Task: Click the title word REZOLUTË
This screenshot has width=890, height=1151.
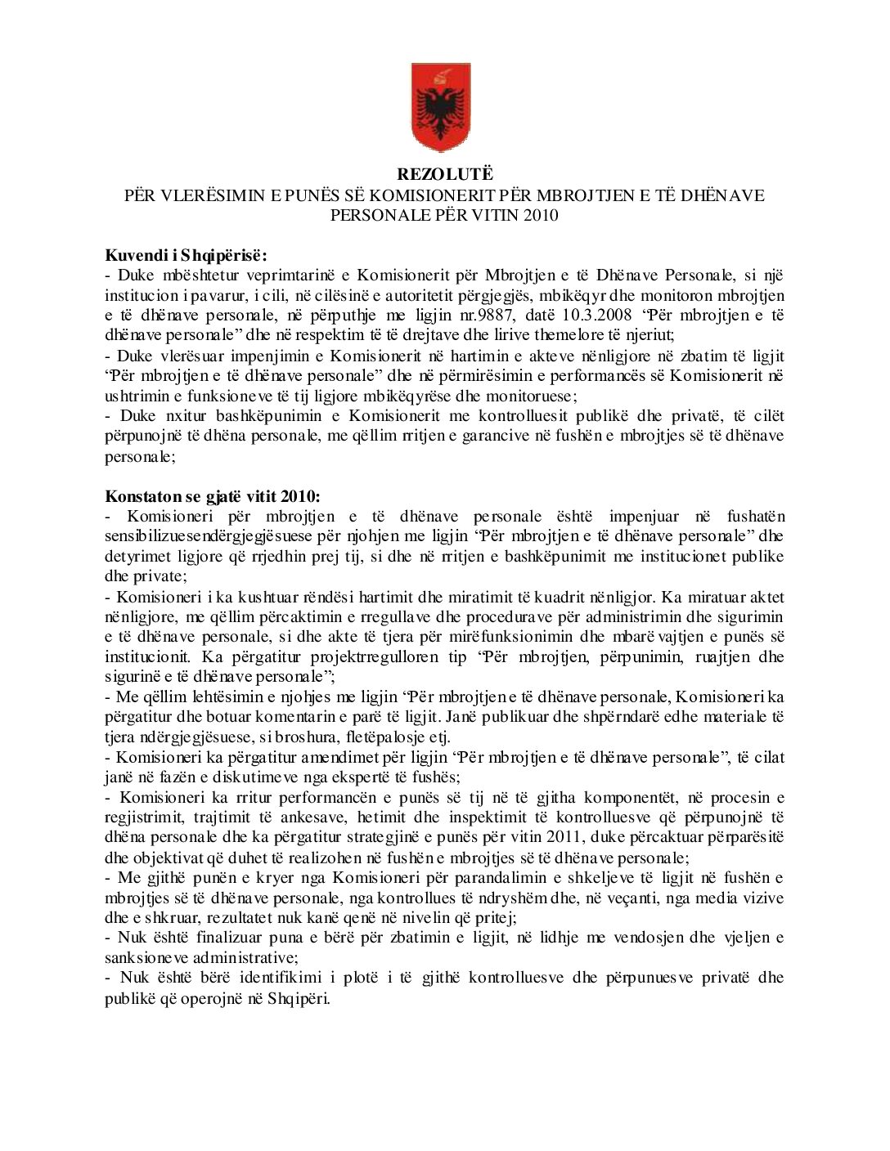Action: pyautogui.click(x=445, y=174)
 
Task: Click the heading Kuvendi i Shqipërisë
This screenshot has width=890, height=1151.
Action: pyautogui.click(x=185, y=254)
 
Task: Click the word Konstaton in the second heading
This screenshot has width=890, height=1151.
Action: pyautogui.click(x=137, y=496)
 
